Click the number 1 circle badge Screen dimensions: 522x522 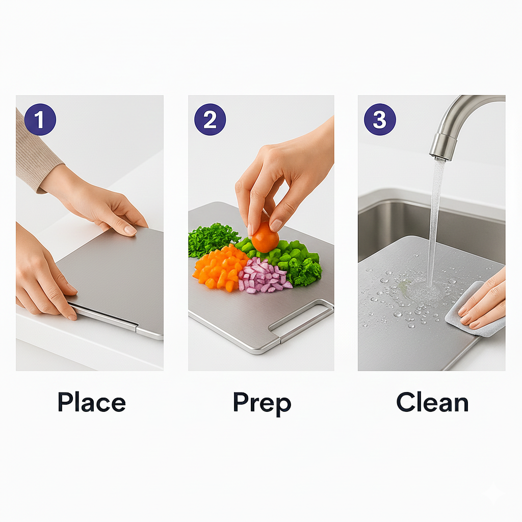(x=40, y=119)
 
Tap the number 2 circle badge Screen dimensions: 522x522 (x=210, y=119)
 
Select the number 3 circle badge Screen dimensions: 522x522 (x=380, y=119)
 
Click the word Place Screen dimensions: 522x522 (x=92, y=402)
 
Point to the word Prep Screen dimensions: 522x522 (x=262, y=403)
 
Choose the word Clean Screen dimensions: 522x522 (x=432, y=402)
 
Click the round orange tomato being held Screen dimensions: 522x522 (x=265, y=237)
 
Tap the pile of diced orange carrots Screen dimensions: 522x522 (x=220, y=268)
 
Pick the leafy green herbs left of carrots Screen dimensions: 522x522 (x=213, y=239)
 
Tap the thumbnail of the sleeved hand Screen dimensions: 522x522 (x=130, y=229)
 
